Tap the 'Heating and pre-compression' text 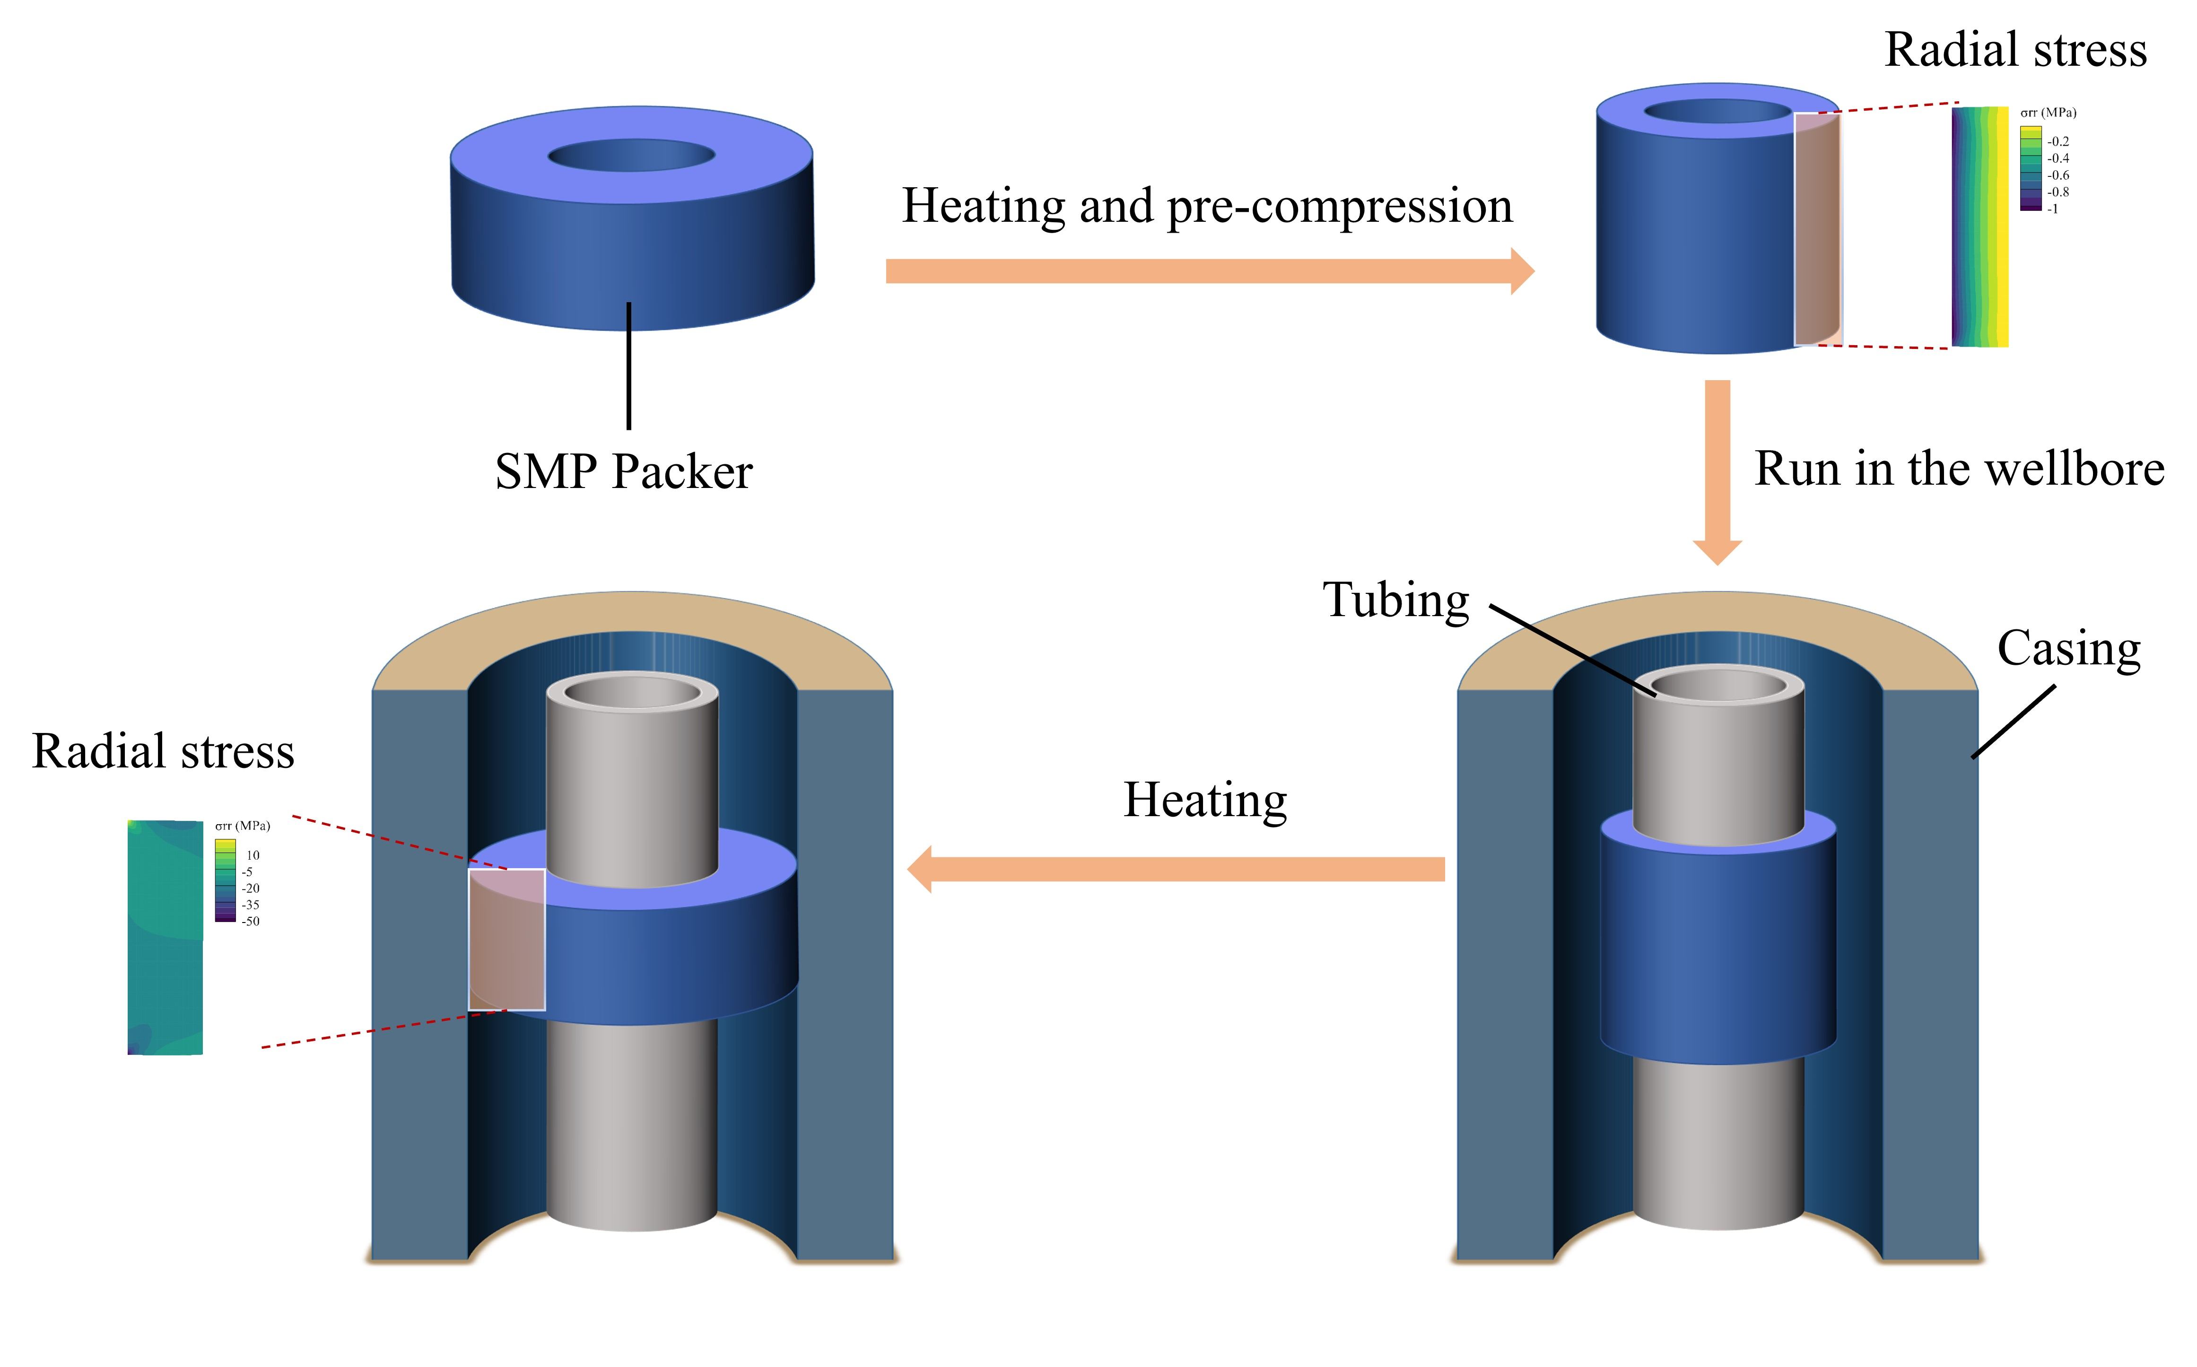pos(1206,206)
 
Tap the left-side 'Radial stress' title pos(163,751)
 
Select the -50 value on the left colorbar pos(251,921)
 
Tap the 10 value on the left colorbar pos(252,855)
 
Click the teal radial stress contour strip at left pos(165,937)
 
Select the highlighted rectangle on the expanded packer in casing pos(506,940)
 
